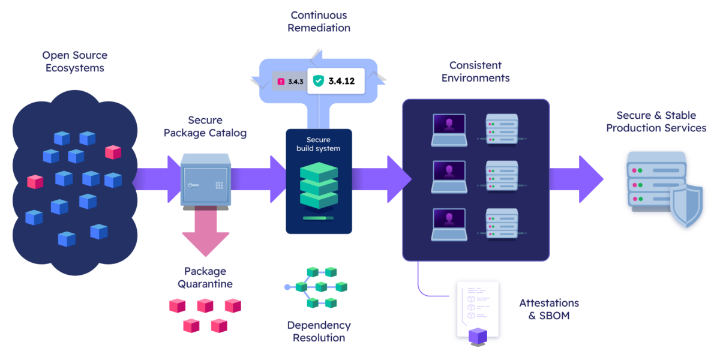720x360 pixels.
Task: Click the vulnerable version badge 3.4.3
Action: (289, 81)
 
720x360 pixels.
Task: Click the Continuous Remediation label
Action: (319, 22)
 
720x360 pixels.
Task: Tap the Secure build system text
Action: (319, 144)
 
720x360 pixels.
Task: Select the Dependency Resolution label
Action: (319, 331)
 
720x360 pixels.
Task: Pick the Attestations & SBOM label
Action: (548, 309)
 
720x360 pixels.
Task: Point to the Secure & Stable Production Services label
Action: (656, 121)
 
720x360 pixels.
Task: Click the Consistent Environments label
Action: (475, 71)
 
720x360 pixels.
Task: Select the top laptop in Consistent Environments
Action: (449, 130)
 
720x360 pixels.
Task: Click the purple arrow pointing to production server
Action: (576, 179)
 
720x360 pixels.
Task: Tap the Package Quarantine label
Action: (205, 277)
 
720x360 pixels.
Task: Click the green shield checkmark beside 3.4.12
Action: (318, 80)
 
